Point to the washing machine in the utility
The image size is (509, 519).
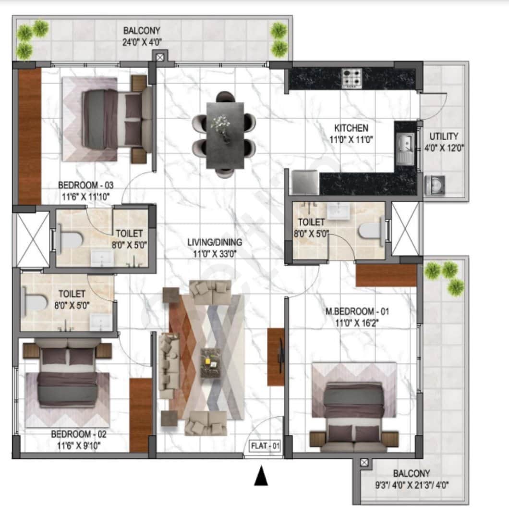tap(435, 185)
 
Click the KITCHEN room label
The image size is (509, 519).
tap(351, 128)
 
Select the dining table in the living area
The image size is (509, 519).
tap(224, 135)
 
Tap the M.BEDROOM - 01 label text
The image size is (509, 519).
tap(357, 312)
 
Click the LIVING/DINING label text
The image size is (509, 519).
tap(215, 242)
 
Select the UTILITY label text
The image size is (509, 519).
tap(444, 136)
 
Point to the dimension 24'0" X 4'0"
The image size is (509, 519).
tap(142, 42)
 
